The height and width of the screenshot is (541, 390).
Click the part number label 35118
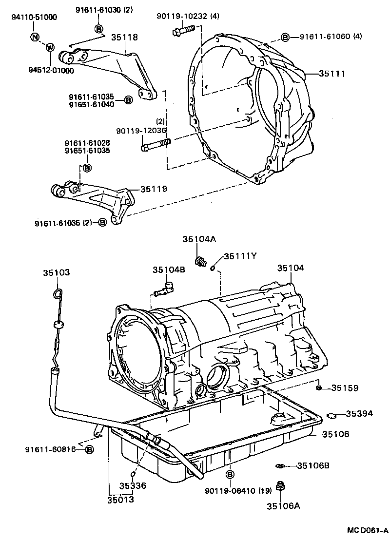tap(124, 37)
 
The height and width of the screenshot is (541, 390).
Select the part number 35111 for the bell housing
tap(332, 74)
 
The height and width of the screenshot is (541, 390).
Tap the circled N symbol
tap(34, 37)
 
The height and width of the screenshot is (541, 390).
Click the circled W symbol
tap(49, 47)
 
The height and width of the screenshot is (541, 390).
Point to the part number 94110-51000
tap(34, 18)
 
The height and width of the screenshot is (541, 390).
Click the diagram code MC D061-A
tap(367, 530)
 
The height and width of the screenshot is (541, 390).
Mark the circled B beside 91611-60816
tap(89, 449)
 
